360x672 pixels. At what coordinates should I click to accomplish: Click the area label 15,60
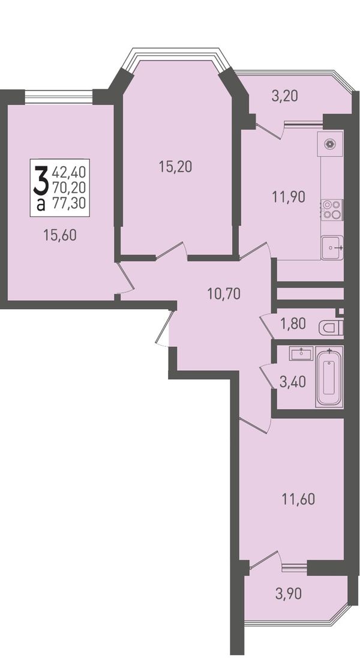[x=60, y=235]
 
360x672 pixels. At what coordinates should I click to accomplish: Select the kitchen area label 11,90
[x=289, y=197]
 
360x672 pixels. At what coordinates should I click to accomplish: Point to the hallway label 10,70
[x=223, y=293]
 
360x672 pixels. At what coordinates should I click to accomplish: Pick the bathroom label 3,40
[x=293, y=382]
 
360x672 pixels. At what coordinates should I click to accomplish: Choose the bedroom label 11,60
[x=298, y=499]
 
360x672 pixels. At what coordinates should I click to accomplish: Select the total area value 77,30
[x=69, y=202]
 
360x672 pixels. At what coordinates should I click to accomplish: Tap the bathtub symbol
[x=329, y=377]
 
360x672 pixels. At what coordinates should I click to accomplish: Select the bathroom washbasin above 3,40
[x=302, y=353]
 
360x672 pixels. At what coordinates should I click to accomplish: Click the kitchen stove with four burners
[x=332, y=209]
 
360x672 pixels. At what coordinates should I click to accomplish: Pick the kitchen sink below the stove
[x=332, y=248]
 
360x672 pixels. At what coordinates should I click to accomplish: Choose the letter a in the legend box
[x=41, y=205]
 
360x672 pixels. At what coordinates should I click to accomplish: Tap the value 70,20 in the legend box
[x=69, y=187]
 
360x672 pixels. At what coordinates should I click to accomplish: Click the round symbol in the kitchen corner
[x=329, y=144]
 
